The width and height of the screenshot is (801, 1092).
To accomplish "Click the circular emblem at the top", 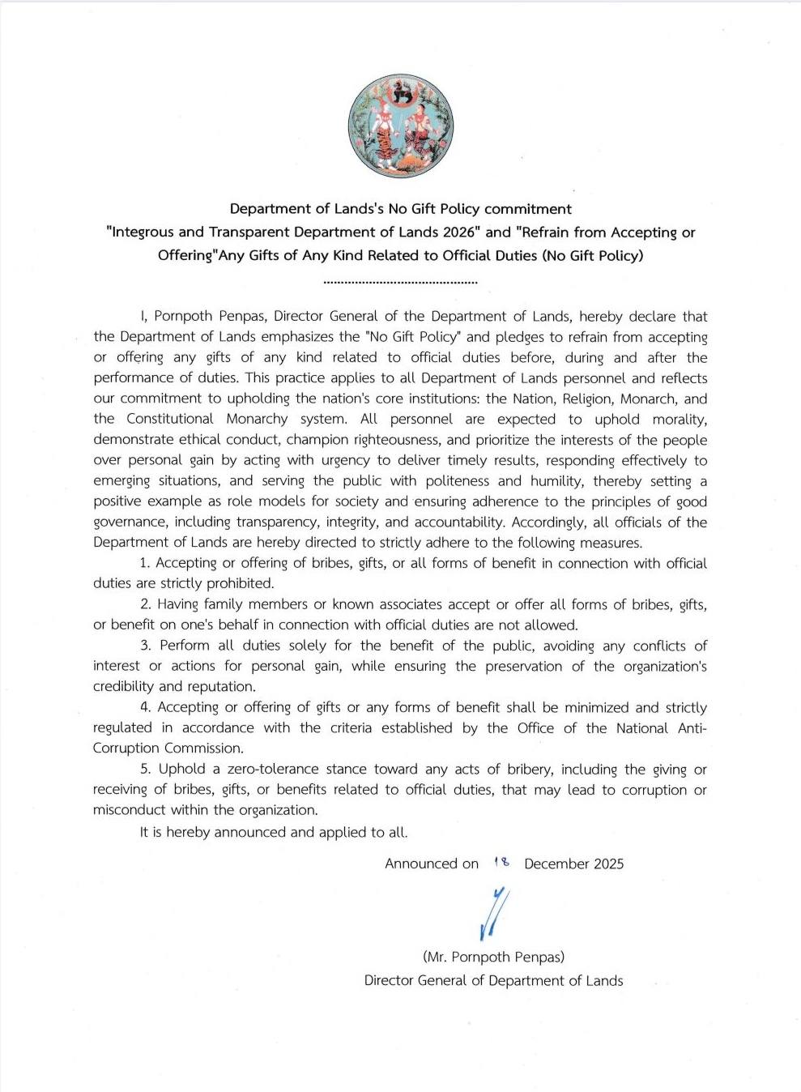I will click(401, 126).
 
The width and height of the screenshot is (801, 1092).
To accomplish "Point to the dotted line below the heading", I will click(400, 282).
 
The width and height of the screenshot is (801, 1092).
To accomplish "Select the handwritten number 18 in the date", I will click(501, 863).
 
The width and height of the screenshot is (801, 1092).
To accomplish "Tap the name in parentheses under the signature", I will click(493, 957).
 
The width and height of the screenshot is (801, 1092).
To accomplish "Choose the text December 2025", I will click(573, 864).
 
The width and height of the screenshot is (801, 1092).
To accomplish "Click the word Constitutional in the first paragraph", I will click(170, 419).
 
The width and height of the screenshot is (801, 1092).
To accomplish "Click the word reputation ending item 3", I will click(220, 686).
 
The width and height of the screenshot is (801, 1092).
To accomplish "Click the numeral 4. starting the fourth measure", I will click(146, 707).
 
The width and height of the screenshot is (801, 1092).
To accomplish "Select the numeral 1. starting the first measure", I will click(145, 563).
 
